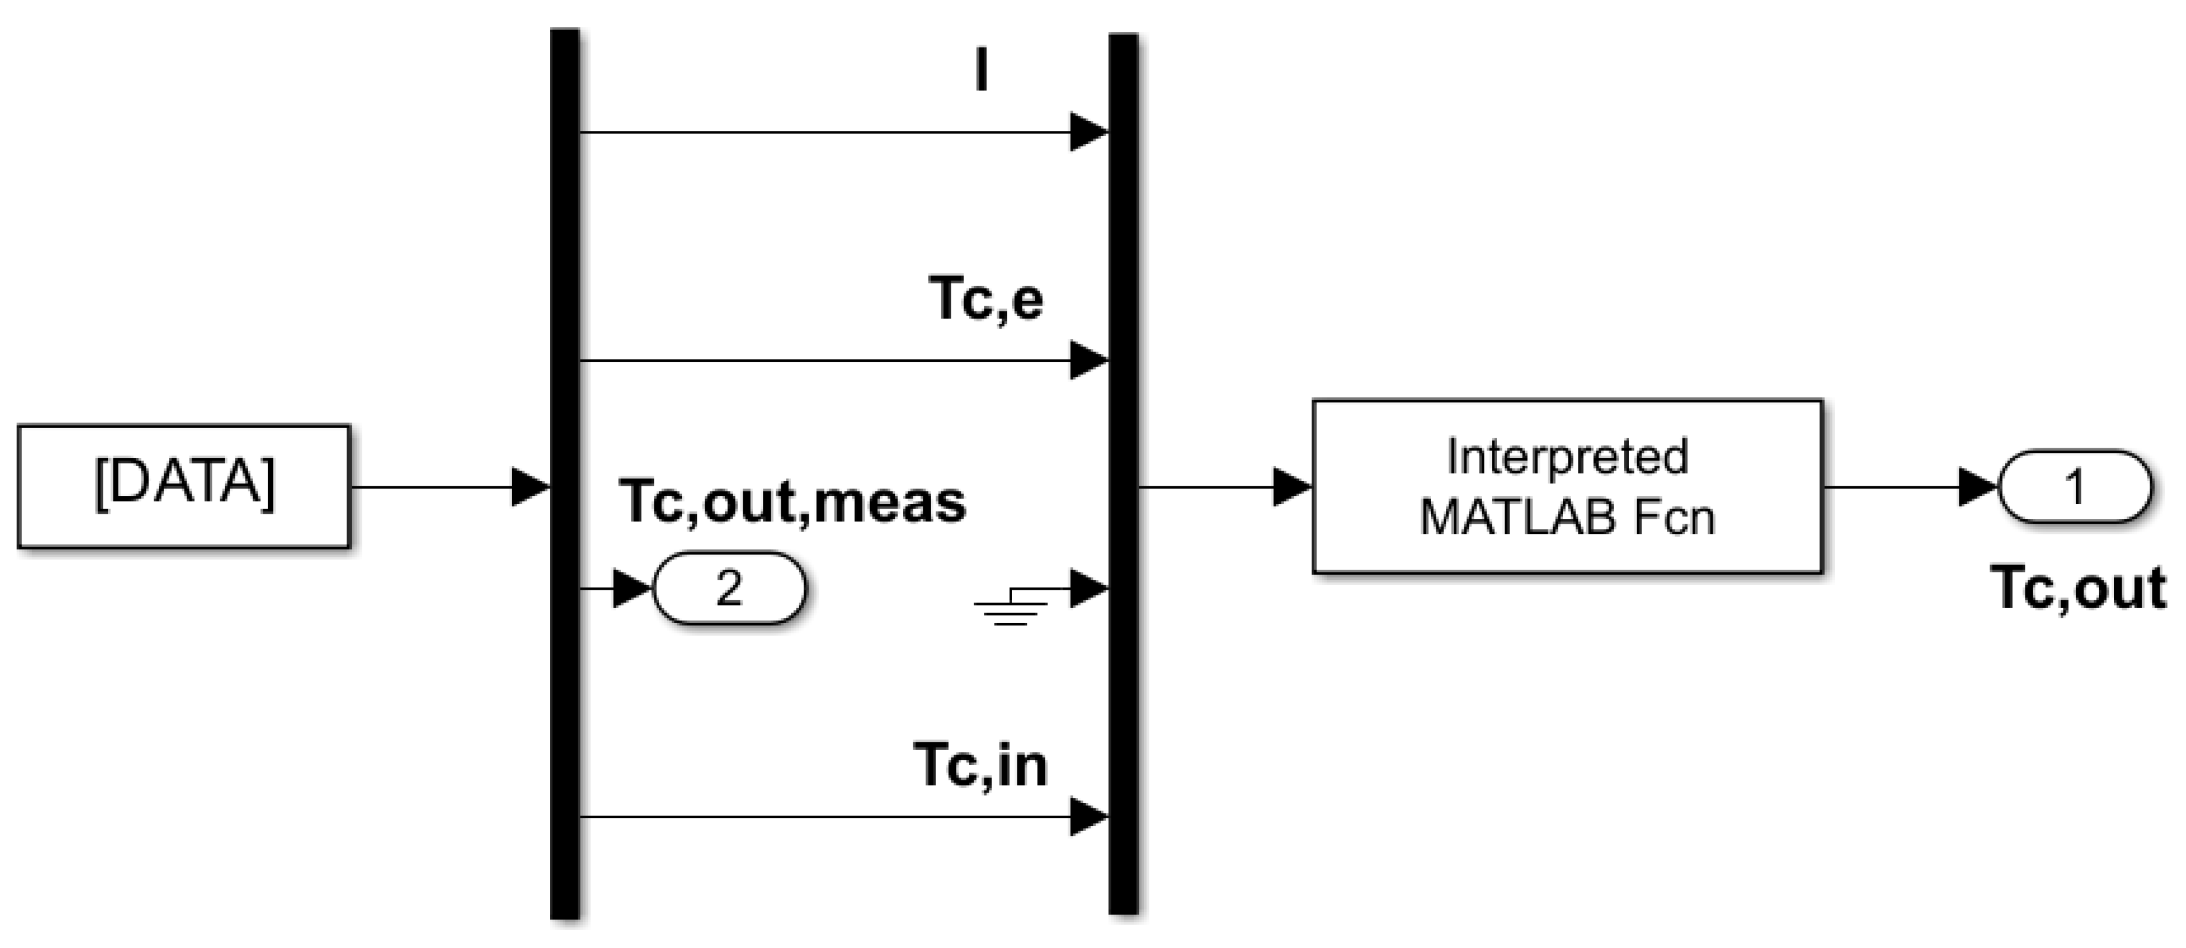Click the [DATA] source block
(x=183, y=486)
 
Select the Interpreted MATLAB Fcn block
(x=1567, y=486)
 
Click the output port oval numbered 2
(x=728, y=587)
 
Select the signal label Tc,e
(x=986, y=299)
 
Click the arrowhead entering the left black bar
(x=531, y=487)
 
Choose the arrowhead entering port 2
(x=631, y=587)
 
